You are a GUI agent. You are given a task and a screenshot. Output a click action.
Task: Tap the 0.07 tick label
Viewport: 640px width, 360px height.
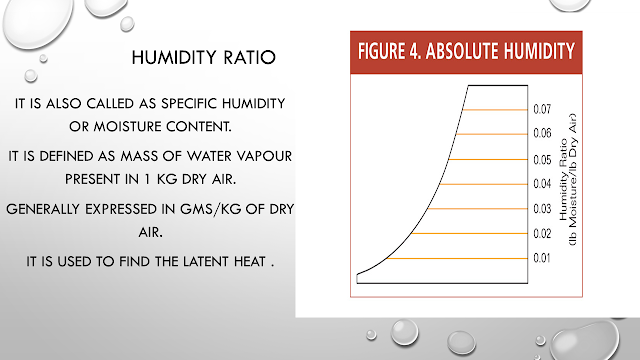(542, 108)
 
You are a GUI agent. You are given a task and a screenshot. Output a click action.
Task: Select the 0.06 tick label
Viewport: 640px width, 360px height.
(542, 133)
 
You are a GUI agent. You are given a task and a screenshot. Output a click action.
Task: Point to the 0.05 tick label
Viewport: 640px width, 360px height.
(542, 159)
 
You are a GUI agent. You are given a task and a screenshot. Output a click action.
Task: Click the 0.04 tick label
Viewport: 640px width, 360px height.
(542, 184)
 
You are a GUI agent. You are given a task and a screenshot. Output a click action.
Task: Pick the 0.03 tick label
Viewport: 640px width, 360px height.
(542, 209)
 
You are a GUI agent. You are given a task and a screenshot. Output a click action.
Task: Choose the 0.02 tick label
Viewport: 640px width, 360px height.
(542, 234)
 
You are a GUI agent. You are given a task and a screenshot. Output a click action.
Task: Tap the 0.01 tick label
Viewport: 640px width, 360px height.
(542, 259)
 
